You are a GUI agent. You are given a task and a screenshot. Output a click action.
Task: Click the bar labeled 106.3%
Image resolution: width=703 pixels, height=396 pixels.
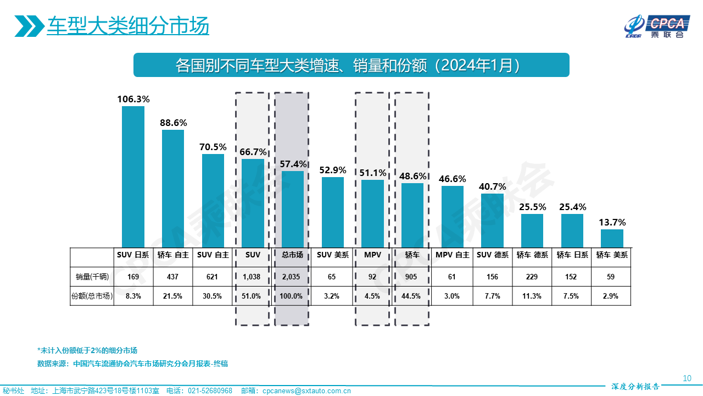coord(133,176)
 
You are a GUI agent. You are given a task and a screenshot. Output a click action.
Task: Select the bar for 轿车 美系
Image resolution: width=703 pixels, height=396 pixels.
coord(612,238)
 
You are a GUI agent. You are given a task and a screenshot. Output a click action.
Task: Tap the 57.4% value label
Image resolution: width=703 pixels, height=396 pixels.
coord(293,164)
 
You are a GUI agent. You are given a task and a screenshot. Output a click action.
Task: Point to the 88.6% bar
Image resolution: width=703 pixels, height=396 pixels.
coord(173,188)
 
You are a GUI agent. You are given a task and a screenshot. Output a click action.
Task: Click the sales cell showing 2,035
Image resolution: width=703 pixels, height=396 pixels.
coord(291,277)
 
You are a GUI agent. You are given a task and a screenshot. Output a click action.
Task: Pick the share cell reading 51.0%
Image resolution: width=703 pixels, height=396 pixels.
coord(252,296)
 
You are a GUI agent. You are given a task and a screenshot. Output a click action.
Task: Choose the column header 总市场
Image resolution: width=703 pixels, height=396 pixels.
coord(292,255)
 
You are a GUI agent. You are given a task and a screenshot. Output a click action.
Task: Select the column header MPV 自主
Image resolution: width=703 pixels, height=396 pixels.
coord(452,255)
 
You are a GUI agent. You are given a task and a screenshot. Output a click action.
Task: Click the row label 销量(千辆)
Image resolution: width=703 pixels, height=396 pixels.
coord(92,277)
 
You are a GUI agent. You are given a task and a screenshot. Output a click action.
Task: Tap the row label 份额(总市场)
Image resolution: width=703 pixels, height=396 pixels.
coord(92,296)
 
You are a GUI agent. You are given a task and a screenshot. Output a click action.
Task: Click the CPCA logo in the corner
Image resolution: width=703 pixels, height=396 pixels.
coord(656,26)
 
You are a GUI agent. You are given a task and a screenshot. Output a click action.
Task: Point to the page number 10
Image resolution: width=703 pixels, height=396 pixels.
coord(687,378)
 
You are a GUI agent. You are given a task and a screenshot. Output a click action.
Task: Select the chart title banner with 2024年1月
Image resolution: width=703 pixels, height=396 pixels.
coord(351,65)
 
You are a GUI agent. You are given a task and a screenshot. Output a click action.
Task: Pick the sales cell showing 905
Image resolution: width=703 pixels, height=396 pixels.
coord(412,277)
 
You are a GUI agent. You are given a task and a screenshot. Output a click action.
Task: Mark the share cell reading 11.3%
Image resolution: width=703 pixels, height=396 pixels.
coord(532,296)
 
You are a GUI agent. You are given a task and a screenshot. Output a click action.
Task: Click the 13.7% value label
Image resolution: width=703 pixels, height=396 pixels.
coord(612,222)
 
